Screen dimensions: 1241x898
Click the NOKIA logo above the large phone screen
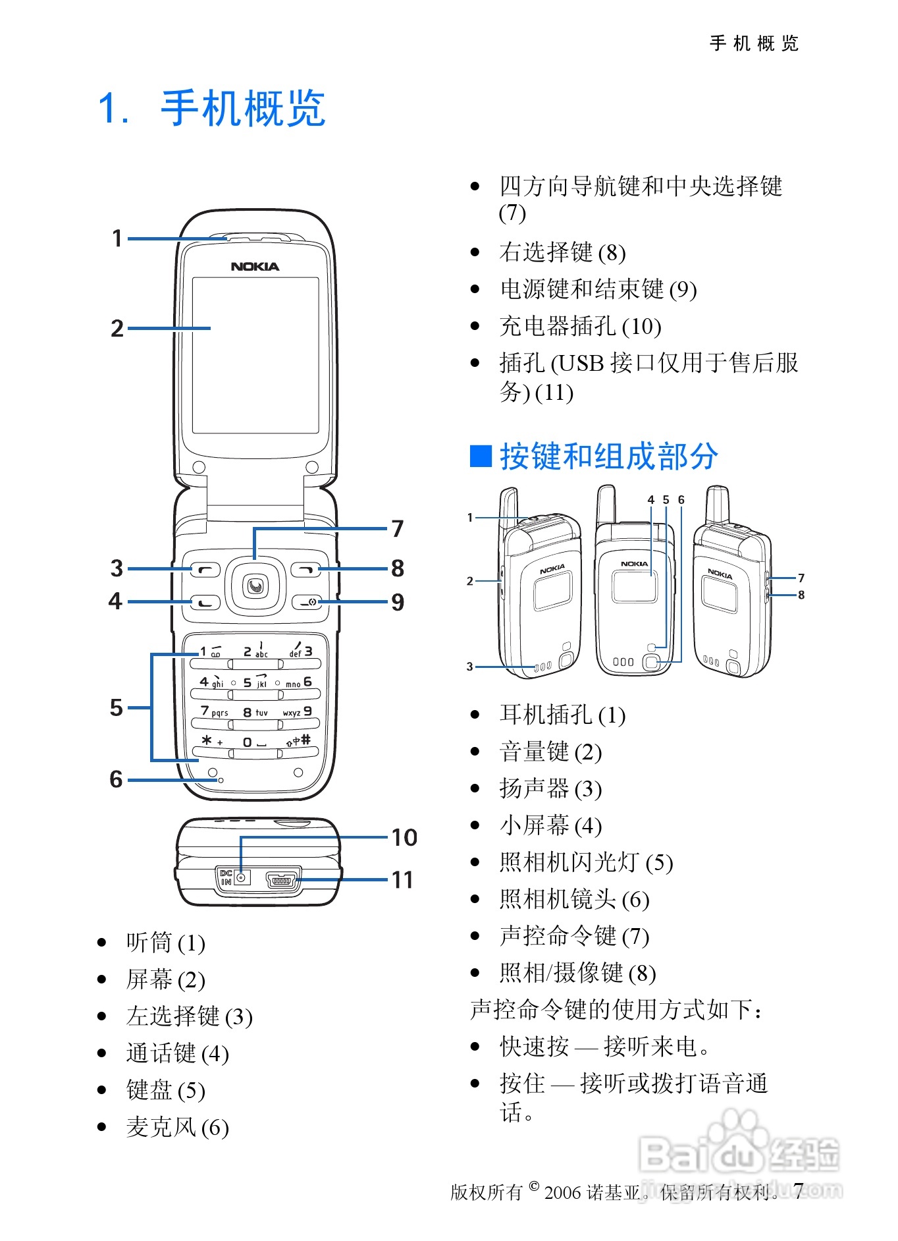[255, 267]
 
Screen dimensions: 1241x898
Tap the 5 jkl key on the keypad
[255, 683]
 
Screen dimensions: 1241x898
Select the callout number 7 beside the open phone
[397, 528]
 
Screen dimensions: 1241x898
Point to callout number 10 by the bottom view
[404, 837]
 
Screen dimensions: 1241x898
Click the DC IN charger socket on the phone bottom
[242, 877]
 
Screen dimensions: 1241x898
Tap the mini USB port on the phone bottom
[282, 879]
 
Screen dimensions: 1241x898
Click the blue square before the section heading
[481, 456]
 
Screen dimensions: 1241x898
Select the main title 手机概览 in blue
[243, 109]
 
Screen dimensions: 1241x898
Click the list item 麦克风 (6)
[177, 1127]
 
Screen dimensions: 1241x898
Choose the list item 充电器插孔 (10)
[580, 326]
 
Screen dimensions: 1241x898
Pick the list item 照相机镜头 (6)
[574, 899]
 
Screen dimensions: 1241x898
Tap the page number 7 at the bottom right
[798, 1190]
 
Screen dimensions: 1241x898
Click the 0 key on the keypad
[254, 742]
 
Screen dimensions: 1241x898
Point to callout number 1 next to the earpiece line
[117, 238]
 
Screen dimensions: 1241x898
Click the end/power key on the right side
[307, 601]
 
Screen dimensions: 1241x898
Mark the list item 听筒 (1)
[165, 943]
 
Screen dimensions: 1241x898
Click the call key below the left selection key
[205, 601]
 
